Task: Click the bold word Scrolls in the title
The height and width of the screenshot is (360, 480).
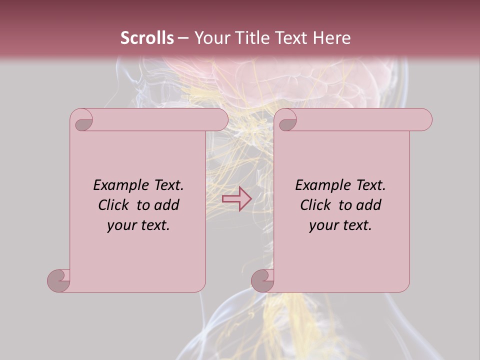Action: coord(147,38)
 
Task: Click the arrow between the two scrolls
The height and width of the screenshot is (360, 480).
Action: coord(236,199)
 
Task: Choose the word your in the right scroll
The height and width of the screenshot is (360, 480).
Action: coord(323,226)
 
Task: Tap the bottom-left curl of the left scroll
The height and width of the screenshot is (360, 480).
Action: coord(59,280)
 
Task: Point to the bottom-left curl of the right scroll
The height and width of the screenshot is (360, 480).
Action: coord(262,280)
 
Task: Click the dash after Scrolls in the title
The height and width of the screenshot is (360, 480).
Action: coord(183,38)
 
